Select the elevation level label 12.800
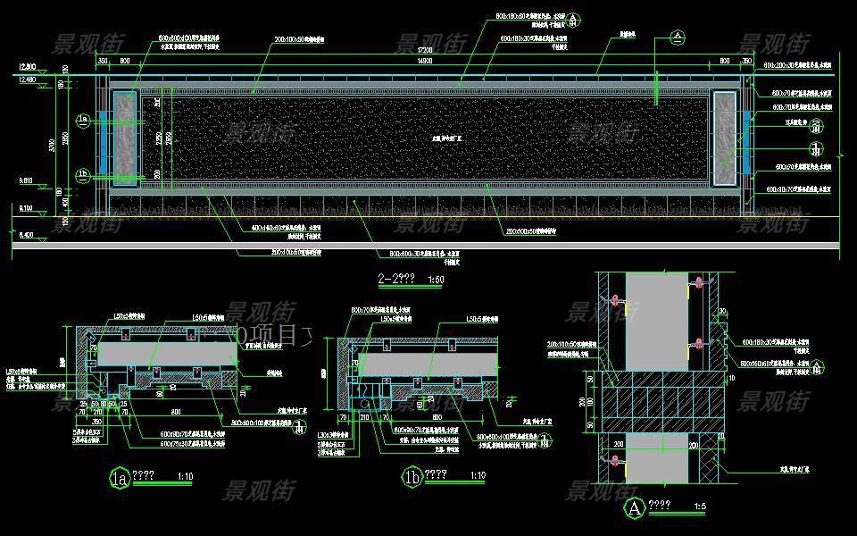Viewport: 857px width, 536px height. (x=26, y=67)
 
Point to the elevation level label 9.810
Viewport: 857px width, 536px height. (x=26, y=181)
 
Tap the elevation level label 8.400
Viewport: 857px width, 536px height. (x=26, y=235)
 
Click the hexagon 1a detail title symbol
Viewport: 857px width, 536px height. (x=119, y=478)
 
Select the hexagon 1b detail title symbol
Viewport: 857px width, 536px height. (x=412, y=479)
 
